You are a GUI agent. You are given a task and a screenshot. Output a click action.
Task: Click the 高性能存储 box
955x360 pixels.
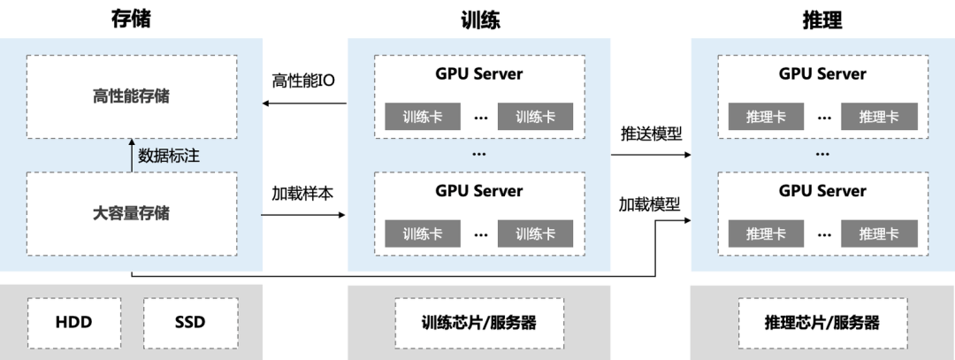pyautogui.click(x=131, y=96)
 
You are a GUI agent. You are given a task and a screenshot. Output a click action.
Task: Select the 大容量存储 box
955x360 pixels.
pyautogui.click(x=131, y=213)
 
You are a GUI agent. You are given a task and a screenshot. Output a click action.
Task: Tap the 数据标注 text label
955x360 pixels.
pyautogui.click(x=169, y=156)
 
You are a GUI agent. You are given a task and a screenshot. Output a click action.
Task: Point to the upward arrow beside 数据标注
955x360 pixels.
pyautogui.click(x=131, y=155)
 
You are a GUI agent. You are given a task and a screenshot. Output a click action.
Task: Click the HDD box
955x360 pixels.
pyautogui.click(x=74, y=322)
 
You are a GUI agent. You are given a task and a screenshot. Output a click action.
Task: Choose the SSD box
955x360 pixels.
pyautogui.click(x=189, y=322)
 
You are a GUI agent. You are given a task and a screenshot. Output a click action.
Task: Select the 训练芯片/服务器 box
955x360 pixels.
pyautogui.click(x=478, y=322)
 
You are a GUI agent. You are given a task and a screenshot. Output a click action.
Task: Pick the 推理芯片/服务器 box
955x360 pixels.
pyautogui.click(x=821, y=322)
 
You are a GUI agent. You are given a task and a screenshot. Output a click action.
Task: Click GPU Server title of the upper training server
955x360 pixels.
pyautogui.click(x=478, y=74)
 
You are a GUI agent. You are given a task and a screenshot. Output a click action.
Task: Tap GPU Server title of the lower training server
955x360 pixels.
pyautogui.click(x=478, y=191)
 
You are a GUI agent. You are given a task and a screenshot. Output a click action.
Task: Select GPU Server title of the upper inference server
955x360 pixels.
pyautogui.click(x=822, y=74)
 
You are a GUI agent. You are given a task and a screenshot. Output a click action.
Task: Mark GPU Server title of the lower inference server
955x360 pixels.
pyautogui.click(x=822, y=191)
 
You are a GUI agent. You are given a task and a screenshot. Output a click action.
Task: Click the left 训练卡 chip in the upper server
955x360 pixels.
pyautogui.click(x=422, y=117)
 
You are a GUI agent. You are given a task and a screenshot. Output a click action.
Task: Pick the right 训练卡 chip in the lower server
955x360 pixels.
pyautogui.click(x=535, y=234)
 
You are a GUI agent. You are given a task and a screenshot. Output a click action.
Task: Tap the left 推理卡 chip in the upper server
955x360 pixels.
pyautogui.click(x=766, y=117)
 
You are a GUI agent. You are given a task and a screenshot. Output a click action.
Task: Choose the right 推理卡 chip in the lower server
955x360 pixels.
pyautogui.click(x=879, y=234)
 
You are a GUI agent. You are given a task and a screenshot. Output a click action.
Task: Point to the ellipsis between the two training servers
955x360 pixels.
pyautogui.click(x=478, y=154)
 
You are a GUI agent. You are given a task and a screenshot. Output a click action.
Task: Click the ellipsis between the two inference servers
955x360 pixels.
pyautogui.click(x=822, y=154)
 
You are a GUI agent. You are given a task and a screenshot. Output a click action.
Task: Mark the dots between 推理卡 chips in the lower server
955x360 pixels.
pyautogui.click(x=823, y=234)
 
